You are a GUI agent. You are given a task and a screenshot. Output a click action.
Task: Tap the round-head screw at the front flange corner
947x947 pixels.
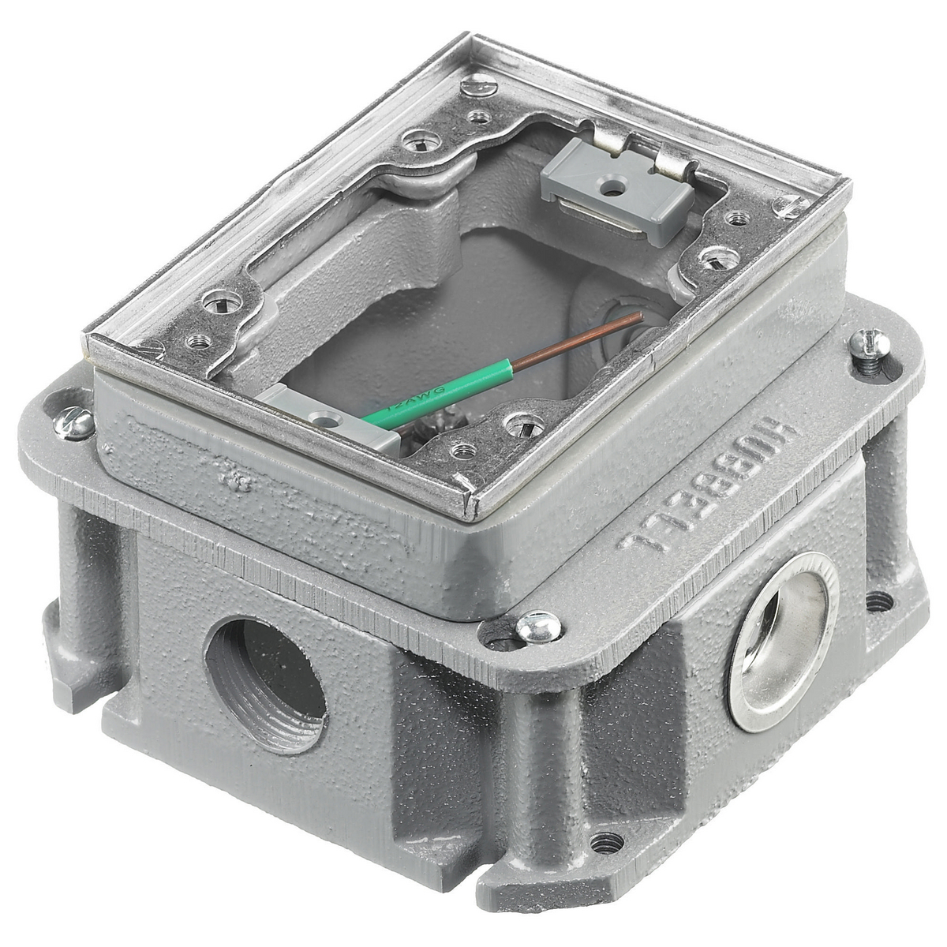(538, 627)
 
